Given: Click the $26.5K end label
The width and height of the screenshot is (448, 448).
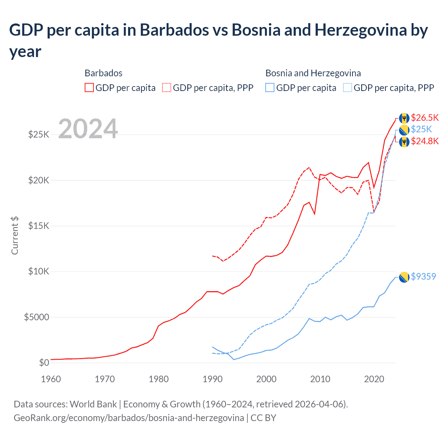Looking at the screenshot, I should coord(425,118).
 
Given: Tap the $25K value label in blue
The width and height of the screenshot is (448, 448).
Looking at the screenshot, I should coord(421,129).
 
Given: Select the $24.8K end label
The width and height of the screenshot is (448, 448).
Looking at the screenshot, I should coord(425,141).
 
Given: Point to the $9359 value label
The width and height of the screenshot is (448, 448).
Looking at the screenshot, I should coord(423,276).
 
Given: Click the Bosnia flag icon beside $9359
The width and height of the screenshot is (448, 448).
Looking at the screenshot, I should coord(404,277).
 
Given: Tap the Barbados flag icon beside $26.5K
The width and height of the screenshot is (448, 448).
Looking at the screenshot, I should coord(404,118).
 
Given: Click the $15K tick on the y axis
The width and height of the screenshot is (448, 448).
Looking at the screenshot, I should coord(38,226).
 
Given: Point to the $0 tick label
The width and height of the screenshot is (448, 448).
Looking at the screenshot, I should coord(44,363).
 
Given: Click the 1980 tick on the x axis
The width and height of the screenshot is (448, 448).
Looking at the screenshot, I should coord(159,379).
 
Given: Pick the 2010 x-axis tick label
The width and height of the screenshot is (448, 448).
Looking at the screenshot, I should coord(320,379).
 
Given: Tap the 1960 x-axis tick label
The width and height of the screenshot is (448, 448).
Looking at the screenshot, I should coord(51,379).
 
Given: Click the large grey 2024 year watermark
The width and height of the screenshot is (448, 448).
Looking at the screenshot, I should coord(88,129).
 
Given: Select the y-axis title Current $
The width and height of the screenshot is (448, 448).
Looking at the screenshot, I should coord(15,235).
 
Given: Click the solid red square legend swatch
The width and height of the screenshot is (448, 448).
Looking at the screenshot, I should coord(89,87).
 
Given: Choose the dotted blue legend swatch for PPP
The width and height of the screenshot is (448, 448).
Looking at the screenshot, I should coord(348,87).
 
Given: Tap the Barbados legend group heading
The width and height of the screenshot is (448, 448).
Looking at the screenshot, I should coord(103,73).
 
